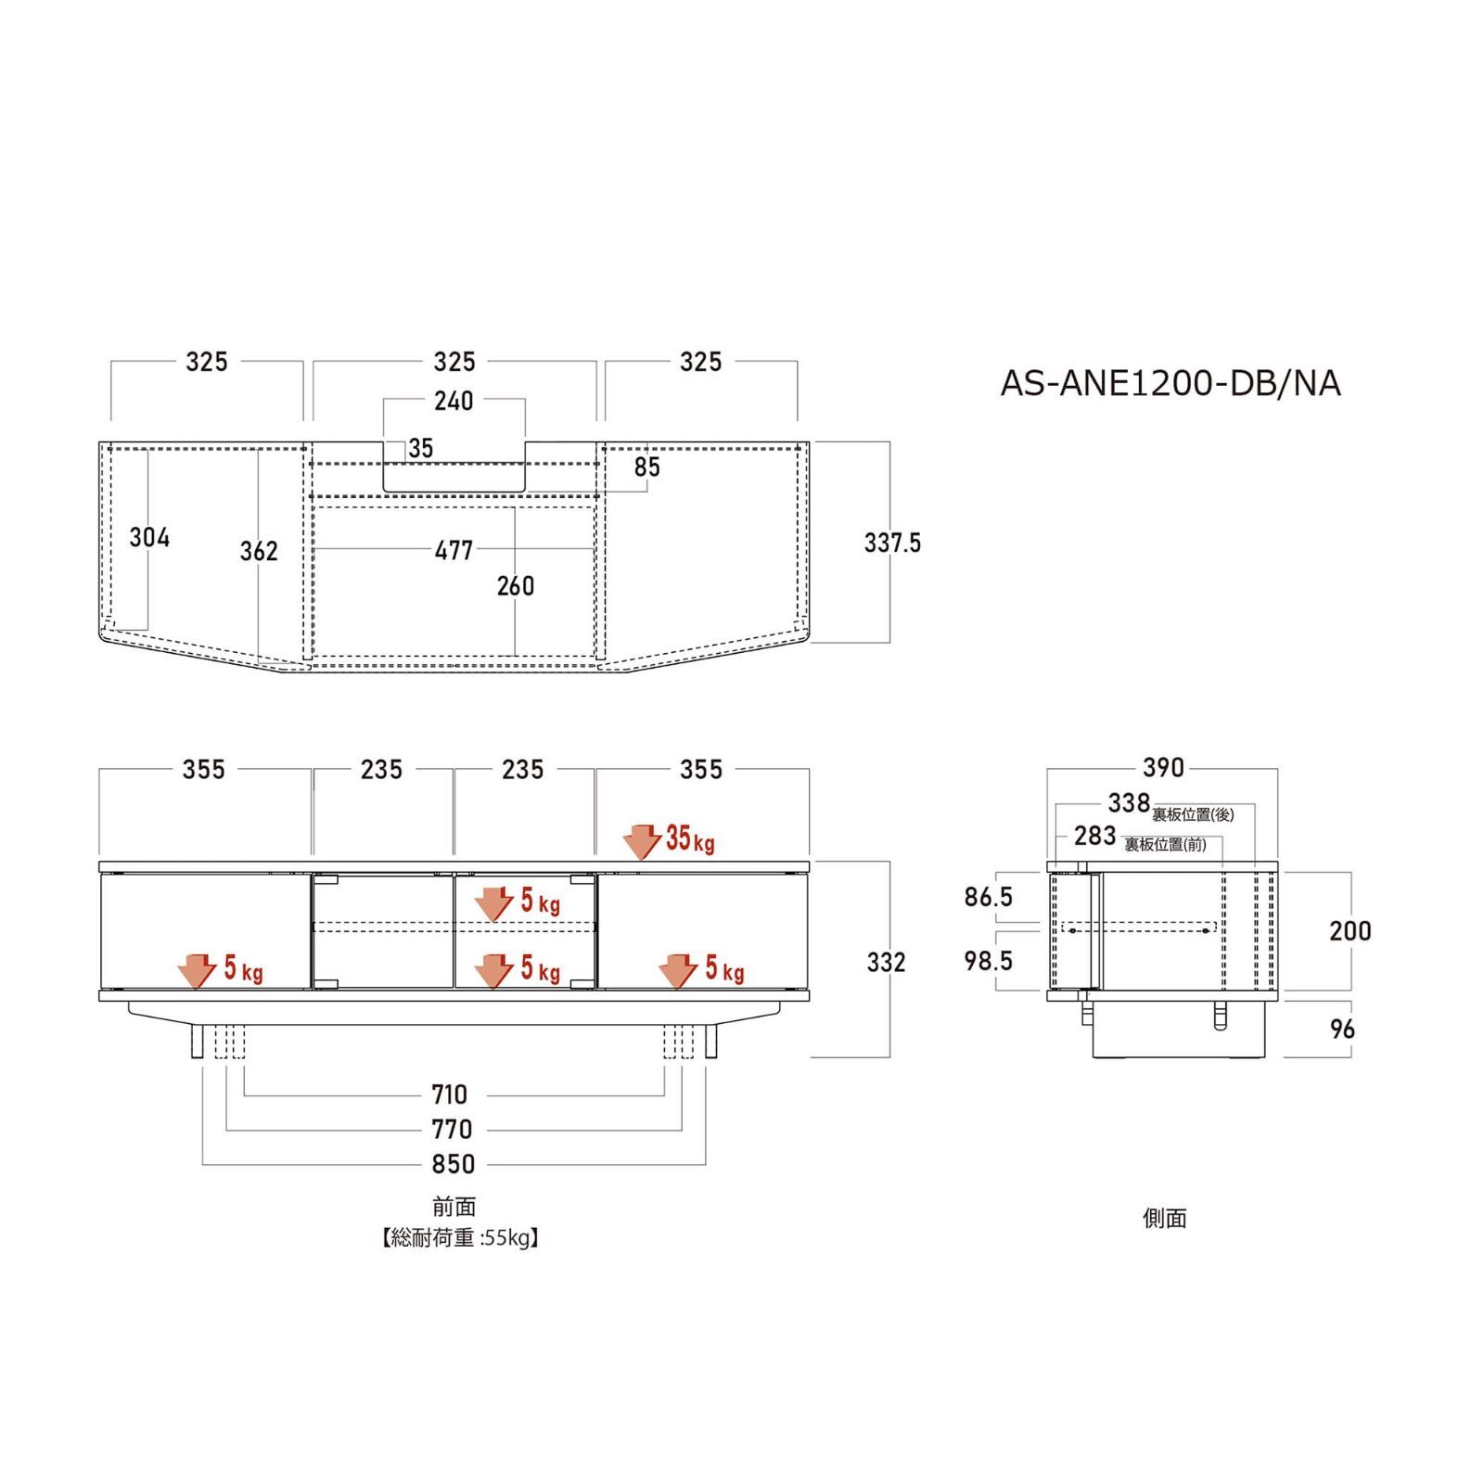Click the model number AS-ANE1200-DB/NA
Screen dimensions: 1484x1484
(1171, 383)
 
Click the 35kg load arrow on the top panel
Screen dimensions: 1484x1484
(642, 841)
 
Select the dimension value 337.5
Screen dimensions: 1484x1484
(892, 543)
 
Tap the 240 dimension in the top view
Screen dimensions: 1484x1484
(454, 401)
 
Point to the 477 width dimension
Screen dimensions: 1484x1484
(454, 550)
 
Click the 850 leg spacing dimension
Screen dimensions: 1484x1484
(454, 1164)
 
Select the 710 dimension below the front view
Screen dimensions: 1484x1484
(450, 1094)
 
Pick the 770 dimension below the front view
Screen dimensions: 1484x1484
(452, 1129)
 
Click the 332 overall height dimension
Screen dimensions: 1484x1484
(886, 962)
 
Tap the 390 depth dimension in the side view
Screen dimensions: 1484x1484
(1163, 767)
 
